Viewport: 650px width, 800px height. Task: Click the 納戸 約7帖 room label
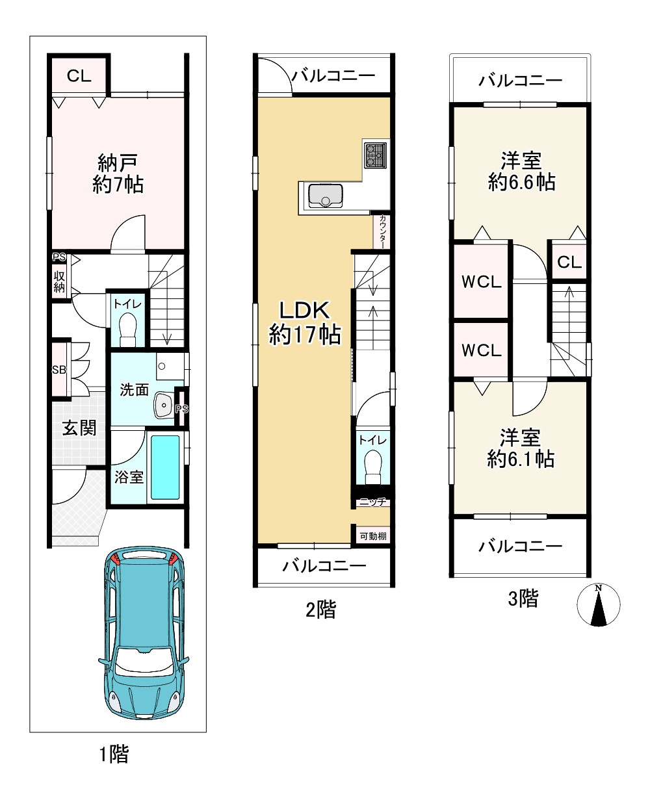point(118,174)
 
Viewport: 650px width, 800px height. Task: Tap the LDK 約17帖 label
point(304,322)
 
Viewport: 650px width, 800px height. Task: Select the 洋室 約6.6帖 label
point(521,172)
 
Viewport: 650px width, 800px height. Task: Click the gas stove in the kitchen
point(375,155)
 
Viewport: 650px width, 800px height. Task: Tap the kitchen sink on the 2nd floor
point(326,196)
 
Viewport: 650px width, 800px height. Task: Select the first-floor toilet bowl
point(128,329)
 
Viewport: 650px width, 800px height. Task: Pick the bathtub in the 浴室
point(165,468)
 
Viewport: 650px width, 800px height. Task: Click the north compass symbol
point(599,604)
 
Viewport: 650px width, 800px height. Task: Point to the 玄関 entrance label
point(79,428)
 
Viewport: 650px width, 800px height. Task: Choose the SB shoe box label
point(59,370)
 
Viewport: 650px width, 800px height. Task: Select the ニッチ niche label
point(372,502)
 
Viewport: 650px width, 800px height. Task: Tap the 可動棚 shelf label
point(373,536)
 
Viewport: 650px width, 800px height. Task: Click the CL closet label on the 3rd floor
point(569,262)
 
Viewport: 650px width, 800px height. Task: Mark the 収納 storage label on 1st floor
point(59,282)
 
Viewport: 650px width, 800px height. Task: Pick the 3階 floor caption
point(523,599)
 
